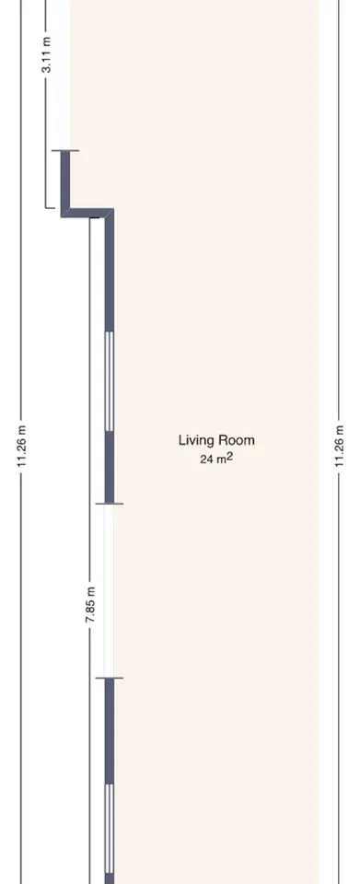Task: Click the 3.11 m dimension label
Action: coord(48,54)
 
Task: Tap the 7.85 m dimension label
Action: coord(90,605)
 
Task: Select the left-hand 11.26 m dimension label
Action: coord(22,446)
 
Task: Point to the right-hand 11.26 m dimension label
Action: coord(339,446)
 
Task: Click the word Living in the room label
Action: coord(192,440)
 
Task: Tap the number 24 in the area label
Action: coord(205,459)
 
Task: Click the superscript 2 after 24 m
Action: coord(229,457)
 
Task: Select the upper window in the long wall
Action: coord(110,381)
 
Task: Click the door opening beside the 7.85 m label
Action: coord(109,591)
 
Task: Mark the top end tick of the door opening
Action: coord(110,504)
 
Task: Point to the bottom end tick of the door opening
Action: coord(110,678)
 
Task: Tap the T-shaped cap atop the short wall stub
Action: coord(65,150)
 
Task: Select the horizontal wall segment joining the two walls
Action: coord(87,213)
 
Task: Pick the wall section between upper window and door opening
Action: coord(110,468)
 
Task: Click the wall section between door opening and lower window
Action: coord(110,730)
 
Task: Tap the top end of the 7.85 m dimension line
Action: coord(90,218)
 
